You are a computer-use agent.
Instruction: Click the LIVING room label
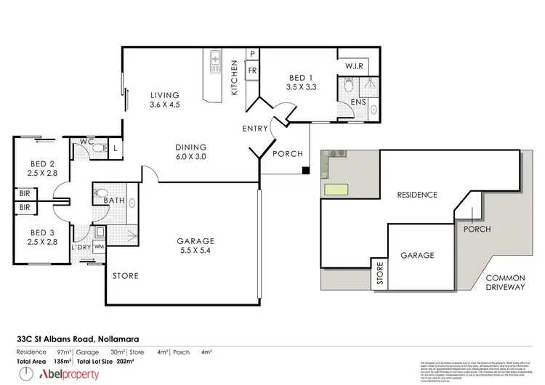(x=165, y=94)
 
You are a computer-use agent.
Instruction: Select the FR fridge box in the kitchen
(x=252, y=70)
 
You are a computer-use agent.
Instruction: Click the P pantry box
(x=252, y=54)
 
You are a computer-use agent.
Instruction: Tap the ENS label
(x=358, y=102)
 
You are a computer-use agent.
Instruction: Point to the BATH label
(x=115, y=200)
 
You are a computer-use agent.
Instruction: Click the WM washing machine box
(x=99, y=248)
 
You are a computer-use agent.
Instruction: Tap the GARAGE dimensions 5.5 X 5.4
(x=196, y=252)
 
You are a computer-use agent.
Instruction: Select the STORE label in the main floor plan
(x=125, y=276)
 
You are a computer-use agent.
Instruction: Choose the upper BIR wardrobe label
(x=25, y=195)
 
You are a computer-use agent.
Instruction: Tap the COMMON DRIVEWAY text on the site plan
(x=504, y=283)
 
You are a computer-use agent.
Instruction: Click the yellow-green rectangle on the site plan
(x=336, y=190)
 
